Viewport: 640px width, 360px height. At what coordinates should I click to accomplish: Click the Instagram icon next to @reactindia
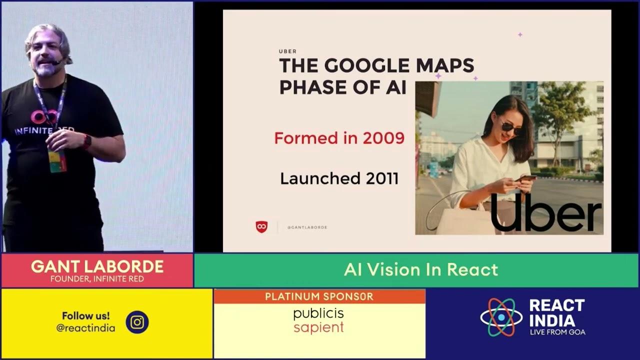click(x=137, y=322)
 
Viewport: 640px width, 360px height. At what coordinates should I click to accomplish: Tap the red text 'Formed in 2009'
click(x=339, y=138)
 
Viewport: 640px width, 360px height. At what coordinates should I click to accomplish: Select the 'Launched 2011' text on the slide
click(x=339, y=178)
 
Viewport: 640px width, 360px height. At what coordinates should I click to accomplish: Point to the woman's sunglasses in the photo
click(x=511, y=127)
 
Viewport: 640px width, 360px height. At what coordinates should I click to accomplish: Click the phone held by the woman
click(x=525, y=178)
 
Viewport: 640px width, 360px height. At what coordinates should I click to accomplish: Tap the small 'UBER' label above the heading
click(x=287, y=51)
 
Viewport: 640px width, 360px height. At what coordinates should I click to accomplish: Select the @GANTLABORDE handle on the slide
click(x=307, y=227)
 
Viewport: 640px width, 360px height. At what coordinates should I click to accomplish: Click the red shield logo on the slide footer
click(x=261, y=226)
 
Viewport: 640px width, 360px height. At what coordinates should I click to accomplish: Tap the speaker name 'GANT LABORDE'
click(x=97, y=266)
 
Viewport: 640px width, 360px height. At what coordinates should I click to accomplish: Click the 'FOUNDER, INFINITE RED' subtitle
click(x=97, y=279)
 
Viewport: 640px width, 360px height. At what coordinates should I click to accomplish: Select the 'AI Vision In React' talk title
click(x=421, y=270)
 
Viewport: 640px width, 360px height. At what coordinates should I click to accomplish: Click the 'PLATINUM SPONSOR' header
click(x=319, y=296)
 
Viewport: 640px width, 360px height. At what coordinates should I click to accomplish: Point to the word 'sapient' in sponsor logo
click(x=318, y=328)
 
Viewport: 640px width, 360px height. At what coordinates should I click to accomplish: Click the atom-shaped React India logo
click(x=501, y=317)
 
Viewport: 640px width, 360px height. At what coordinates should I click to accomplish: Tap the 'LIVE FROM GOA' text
click(x=557, y=332)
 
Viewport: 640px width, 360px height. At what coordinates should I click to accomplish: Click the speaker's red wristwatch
click(x=87, y=141)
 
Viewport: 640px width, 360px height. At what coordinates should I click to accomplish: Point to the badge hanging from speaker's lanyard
click(x=57, y=160)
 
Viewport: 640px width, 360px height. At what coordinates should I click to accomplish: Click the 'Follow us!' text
click(x=85, y=316)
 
